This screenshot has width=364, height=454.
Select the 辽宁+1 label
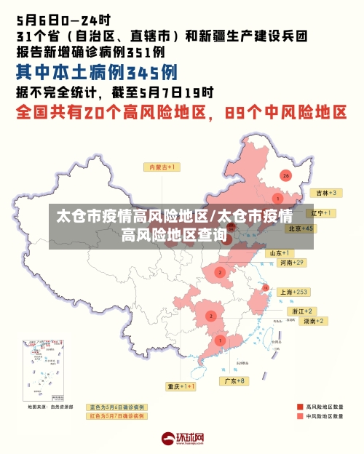tap(321, 213)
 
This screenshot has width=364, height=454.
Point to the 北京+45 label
tap(301, 228)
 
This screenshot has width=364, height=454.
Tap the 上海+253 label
tap(294, 292)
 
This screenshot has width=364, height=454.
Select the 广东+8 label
tap(234, 381)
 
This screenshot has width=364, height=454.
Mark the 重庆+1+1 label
tap(181, 386)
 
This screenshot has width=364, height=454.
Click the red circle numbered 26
tap(286, 175)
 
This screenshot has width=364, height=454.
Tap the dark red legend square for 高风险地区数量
tap(300, 407)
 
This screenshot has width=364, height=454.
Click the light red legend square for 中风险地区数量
tap(300, 417)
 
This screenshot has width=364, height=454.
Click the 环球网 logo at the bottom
tap(183, 439)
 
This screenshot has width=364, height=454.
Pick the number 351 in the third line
tap(138, 52)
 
